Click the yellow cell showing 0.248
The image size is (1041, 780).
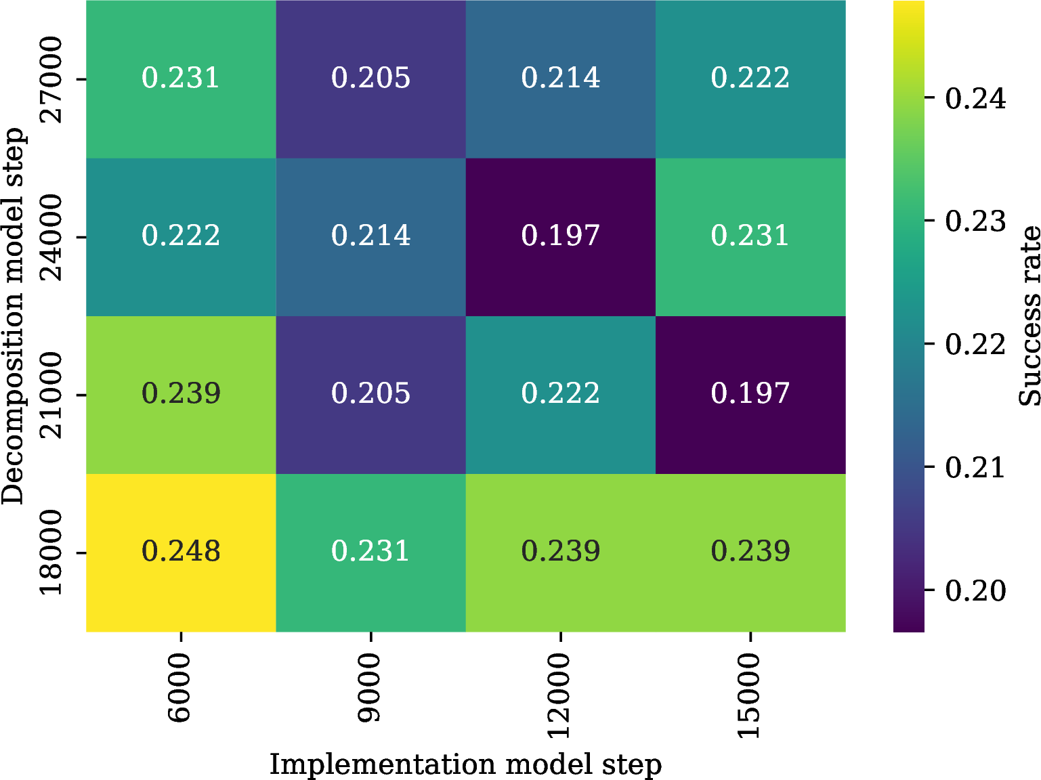pos(181,552)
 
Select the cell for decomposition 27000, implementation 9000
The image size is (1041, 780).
pos(371,79)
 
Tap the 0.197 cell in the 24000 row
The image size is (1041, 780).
pos(561,236)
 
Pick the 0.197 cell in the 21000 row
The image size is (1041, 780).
pos(750,395)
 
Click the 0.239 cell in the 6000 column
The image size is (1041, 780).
pos(181,395)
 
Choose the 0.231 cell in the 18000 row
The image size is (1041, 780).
pos(371,552)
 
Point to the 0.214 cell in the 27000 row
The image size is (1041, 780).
pos(561,79)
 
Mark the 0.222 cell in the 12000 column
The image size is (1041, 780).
pos(561,395)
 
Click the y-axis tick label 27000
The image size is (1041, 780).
pos(51,79)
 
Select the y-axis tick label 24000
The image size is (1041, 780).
pos(51,237)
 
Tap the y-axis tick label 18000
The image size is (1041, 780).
pos(51,553)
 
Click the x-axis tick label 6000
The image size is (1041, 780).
pos(180,687)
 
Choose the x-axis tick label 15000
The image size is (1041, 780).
pos(750,695)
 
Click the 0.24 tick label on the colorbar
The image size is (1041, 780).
pos(975,98)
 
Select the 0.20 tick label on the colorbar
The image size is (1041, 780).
pos(975,590)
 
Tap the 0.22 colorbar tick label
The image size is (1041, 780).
pos(975,344)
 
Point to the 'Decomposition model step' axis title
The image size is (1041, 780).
pos(13,316)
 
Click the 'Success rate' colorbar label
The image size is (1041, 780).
pos(1028,316)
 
